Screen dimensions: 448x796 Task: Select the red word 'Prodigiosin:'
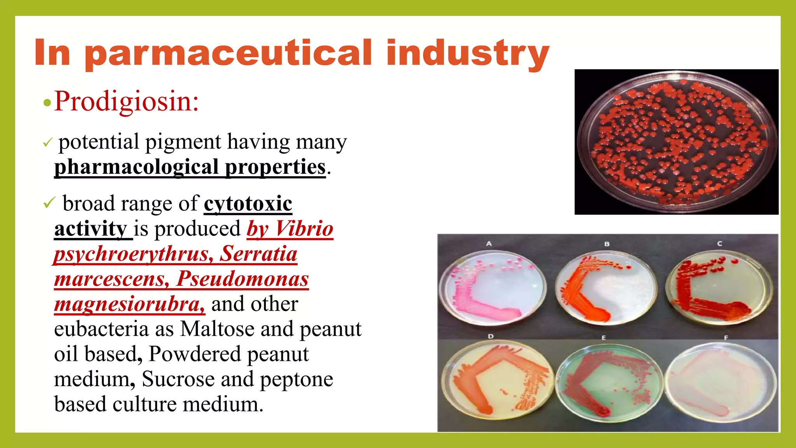[126, 101]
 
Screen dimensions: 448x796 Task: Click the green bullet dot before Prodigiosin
[47, 103]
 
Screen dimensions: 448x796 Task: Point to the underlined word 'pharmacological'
[136, 167]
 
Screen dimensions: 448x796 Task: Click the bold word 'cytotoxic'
[248, 204]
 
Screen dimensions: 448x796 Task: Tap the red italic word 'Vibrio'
[304, 229]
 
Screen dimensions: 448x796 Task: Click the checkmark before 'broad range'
[49, 203]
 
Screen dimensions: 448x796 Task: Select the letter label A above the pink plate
[489, 243]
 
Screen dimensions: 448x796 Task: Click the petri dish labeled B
[606, 288]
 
